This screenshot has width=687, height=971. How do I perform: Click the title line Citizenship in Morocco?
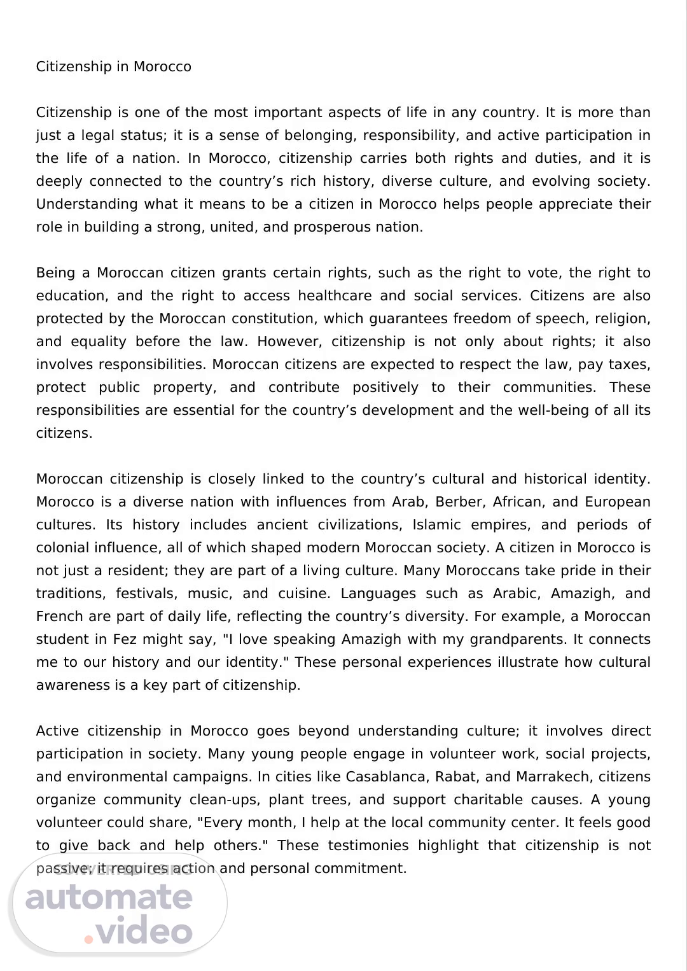coord(113,67)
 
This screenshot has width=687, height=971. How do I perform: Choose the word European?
coord(617,502)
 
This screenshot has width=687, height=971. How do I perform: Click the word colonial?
coord(64,548)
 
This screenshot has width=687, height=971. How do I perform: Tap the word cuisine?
coord(303,594)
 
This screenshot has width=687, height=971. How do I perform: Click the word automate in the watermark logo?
coord(109,897)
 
